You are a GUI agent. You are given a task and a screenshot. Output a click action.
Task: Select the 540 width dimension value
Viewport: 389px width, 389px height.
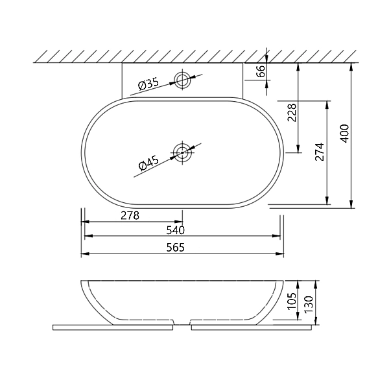point(176,230)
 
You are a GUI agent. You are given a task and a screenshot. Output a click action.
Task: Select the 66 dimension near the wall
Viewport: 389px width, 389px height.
point(261,71)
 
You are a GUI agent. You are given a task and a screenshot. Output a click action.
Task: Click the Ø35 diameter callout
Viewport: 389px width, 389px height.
point(148,84)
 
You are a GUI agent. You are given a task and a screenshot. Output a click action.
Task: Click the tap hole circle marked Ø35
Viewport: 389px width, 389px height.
point(182,80)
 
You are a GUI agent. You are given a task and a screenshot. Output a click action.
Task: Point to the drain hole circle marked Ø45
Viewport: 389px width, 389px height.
point(182,153)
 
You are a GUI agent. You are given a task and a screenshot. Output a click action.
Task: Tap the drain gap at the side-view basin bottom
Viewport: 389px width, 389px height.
point(182,322)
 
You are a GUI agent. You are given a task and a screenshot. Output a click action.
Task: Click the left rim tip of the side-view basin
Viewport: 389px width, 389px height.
point(82,282)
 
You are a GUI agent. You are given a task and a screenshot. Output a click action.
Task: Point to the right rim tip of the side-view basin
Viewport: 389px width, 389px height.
point(282,282)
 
